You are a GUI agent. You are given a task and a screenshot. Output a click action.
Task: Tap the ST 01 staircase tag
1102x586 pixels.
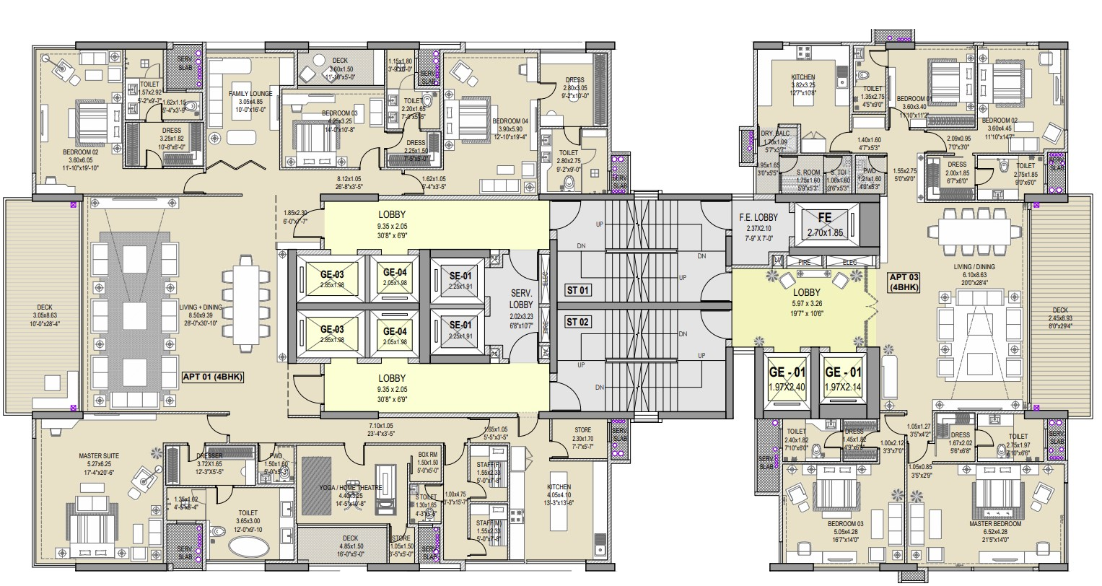tap(578, 291)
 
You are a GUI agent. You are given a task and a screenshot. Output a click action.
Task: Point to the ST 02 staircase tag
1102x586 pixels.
tap(578, 322)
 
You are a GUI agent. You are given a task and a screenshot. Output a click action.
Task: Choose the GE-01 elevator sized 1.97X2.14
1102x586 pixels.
tap(842, 379)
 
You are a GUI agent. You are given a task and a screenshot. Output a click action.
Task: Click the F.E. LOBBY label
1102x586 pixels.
tap(757, 217)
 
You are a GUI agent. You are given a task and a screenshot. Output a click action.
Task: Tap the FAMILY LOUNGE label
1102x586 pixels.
tap(250, 94)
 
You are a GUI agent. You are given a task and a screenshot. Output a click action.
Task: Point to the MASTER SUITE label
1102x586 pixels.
tap(99, 455)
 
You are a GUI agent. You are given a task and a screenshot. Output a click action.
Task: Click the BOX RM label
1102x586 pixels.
tap(428, 455)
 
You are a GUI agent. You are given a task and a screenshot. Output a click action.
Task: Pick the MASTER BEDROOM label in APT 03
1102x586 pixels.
tap(997, 523)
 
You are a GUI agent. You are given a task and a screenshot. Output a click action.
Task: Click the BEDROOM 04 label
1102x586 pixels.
tap(512, 121)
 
